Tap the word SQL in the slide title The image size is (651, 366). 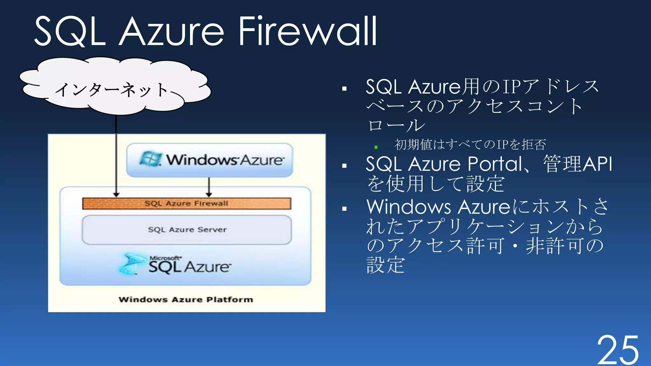coord(70,32)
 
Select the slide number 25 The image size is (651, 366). coord(618,350)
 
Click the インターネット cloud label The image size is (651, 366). coord(111,90)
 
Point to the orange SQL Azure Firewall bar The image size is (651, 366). coord(187,203)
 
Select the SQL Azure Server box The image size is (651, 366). coord(187,230)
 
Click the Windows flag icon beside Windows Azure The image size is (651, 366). coord(150,159)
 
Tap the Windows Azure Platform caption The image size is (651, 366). coord(186,300)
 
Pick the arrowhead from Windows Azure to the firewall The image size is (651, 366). coord(209,194)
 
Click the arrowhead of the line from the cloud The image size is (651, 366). coord(116,194)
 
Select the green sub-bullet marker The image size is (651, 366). coord(376,147)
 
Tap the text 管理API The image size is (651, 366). coord(577,164)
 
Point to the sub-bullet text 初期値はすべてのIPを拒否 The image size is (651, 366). coord(470,145)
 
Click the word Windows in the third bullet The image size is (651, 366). coord(408,207)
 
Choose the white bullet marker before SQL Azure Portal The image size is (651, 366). coord(344,166)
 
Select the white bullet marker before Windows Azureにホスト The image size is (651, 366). coord(344,209)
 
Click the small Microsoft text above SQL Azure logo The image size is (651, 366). coord(165,258)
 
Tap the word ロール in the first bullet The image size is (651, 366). coord(396,125)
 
